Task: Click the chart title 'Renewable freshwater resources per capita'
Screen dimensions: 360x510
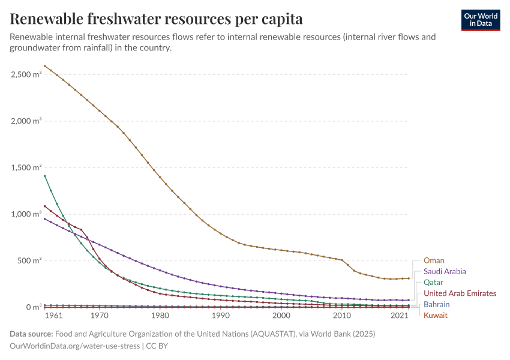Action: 156,19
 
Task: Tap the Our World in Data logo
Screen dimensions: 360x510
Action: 481,20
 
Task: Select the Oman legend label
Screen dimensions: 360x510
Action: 434,260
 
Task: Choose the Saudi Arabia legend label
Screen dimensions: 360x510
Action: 445,271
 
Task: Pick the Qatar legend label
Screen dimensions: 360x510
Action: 434,282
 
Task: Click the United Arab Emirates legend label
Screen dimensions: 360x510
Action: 460,293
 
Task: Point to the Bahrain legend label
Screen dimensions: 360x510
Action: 436,304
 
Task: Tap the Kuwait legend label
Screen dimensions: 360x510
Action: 436,315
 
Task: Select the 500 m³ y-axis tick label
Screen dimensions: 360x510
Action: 29,260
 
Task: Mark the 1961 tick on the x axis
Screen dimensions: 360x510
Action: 53,316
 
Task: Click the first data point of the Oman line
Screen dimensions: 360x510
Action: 45,66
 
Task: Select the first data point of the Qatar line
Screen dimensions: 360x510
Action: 45,176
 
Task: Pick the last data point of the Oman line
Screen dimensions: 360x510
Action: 409,278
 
